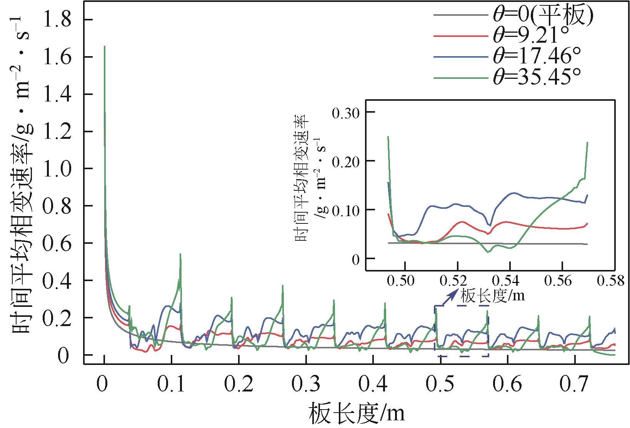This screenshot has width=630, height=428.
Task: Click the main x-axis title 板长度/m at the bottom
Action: tap(356, 413)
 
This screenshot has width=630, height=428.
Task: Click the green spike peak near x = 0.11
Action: tap(180, 254)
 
